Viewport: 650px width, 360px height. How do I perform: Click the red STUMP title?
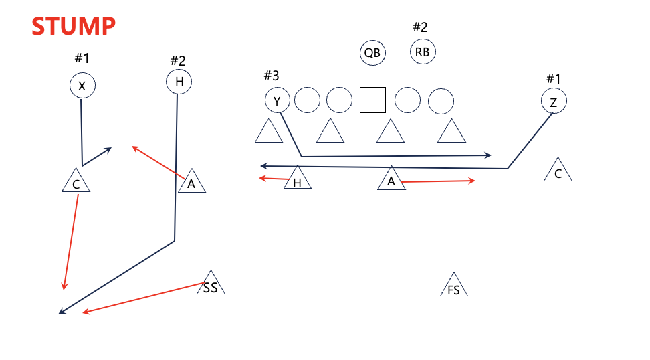pyautogui.click(x=74, y=27)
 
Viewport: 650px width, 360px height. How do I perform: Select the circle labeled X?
pyautogui.click(x=82, y=86)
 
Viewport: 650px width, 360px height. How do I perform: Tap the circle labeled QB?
pyautogui.click(x=372, y=53)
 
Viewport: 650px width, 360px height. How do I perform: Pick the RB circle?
pyautogui.click(x=423, y=52)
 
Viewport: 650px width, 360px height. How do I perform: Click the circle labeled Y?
pyautogui.click(x=278, y=101)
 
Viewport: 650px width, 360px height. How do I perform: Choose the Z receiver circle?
pyautogui.click(x=554, y=102)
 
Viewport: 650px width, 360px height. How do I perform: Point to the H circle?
pyautogui.click(x=179, y=82)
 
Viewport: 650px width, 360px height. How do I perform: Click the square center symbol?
pyautogui.click(x=372, y=100)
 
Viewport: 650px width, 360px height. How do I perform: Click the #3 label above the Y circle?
pyautogui.click(x=271, y=75)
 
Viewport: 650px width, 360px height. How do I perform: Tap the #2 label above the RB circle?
pyautogui.click(x=420, y=27)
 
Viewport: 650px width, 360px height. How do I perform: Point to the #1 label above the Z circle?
pyautogui.click(x=553, y=78)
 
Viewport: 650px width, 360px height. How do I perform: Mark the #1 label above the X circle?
pyautogui.click(x=82, y=58)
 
